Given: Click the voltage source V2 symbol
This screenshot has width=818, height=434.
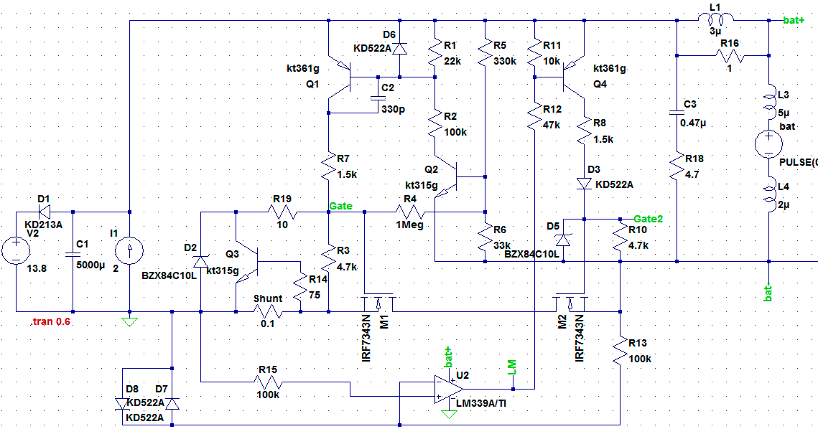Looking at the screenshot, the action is pos(17,250).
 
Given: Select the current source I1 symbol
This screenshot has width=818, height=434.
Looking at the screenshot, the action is pos(129,250).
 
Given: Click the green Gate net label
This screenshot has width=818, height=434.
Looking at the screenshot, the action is pos(340,207).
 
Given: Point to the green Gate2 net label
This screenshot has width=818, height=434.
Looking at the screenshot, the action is pos(648,219).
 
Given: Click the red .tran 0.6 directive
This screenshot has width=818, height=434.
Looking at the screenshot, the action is pos(50,321).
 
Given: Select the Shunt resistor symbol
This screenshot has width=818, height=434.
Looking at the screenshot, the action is pos(268,312).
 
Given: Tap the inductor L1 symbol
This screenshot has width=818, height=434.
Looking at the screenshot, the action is pos(716,19).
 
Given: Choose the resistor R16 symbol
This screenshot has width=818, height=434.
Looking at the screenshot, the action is pos(730,56).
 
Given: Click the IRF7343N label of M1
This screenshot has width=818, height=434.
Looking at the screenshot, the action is pos(366,338).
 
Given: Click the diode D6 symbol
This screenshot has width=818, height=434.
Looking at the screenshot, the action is pos(399,49).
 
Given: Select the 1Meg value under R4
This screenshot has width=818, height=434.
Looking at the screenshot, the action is pos(409,225).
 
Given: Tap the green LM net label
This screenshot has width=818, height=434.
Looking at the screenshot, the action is pos(512,367).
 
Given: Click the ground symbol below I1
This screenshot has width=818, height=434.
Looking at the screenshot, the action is pos(129,322).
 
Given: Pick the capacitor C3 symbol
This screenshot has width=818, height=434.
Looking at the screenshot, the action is pos(677,111).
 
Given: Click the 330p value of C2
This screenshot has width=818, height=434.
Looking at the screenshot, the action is pos(393,110).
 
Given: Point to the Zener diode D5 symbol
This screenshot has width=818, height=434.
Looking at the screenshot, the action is pos(564,240).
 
